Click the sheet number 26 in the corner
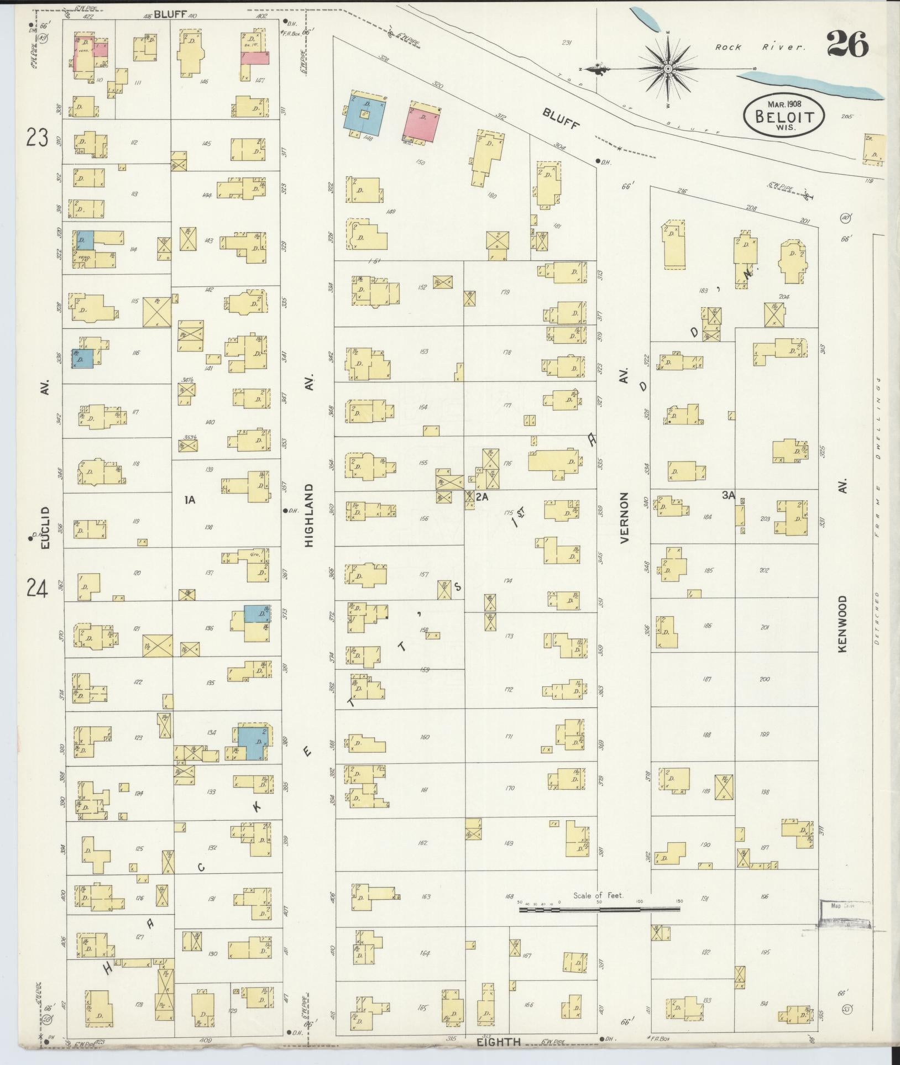click(x=847, y=44)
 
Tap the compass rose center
click(x=668, y=69)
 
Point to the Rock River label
click(x=760, y=48)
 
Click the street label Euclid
click(x=45, y=527)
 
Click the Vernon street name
click(x=625, y=518)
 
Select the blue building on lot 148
click(x=365, y=113)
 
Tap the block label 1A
click(x=190, y=500)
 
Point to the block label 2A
click(x=482, y=497)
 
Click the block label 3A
click(x=728, y=496)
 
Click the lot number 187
click(x=707, y=679)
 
